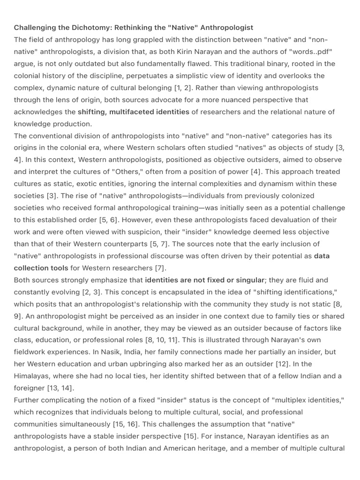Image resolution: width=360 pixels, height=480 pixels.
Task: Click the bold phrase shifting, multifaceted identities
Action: pos(134,112)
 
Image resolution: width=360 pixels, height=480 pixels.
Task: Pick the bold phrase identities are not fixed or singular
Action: pos(205,280)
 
